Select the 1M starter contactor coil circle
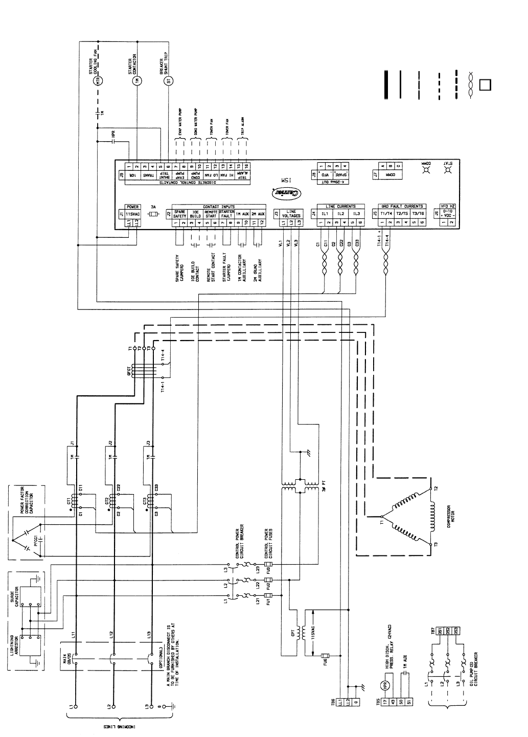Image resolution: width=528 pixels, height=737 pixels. (x=136, y=80)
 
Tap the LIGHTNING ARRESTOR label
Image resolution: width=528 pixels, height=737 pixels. (x=13, y=650)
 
